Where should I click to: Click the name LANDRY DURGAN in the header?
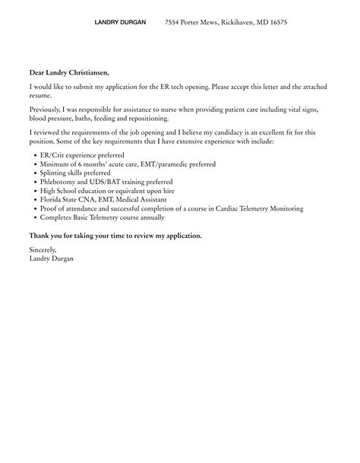point(120,23)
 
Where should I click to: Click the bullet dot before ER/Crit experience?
point(36,154)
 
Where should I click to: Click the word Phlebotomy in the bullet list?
point(61,182)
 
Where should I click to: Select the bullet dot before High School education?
point(36,192)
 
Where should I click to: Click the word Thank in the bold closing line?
point(38,236)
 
